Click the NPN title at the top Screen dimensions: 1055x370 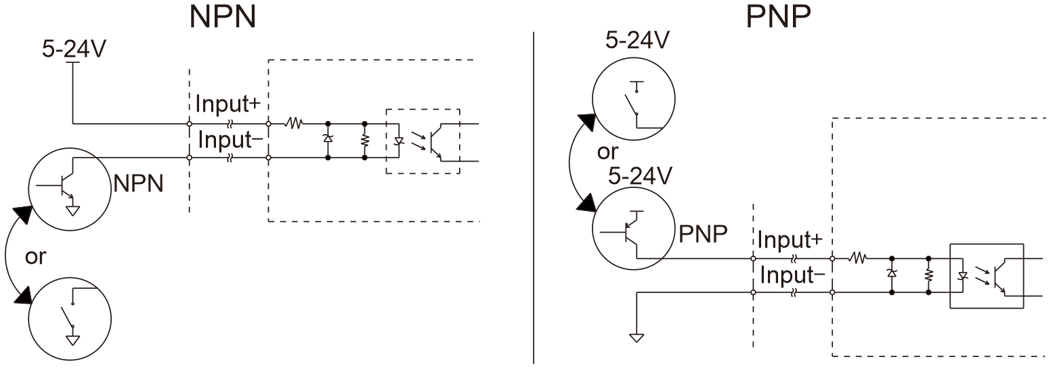(223, 17)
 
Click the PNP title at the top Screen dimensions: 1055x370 (778, 17)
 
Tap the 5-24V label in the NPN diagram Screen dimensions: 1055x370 (74, 49)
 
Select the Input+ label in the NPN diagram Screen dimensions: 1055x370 (228, 103)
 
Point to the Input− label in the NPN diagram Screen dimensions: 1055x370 (230, 140)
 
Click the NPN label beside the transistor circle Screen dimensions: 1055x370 (138, 183)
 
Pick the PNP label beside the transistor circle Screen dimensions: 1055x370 (703, 233)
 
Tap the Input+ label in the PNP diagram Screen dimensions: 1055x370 (790, 239)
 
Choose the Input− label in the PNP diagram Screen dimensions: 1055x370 (792, 275)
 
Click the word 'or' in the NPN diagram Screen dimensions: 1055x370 (35, 256)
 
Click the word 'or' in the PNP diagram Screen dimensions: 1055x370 (607, 152)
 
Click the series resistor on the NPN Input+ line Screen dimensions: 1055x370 (295, 124)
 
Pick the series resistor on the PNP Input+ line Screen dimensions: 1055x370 (858, 258)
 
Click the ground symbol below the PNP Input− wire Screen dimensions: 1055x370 (637, 338)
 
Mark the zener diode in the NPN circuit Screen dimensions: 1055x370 (328, 139)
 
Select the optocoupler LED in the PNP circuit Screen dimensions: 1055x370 (963, 275)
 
